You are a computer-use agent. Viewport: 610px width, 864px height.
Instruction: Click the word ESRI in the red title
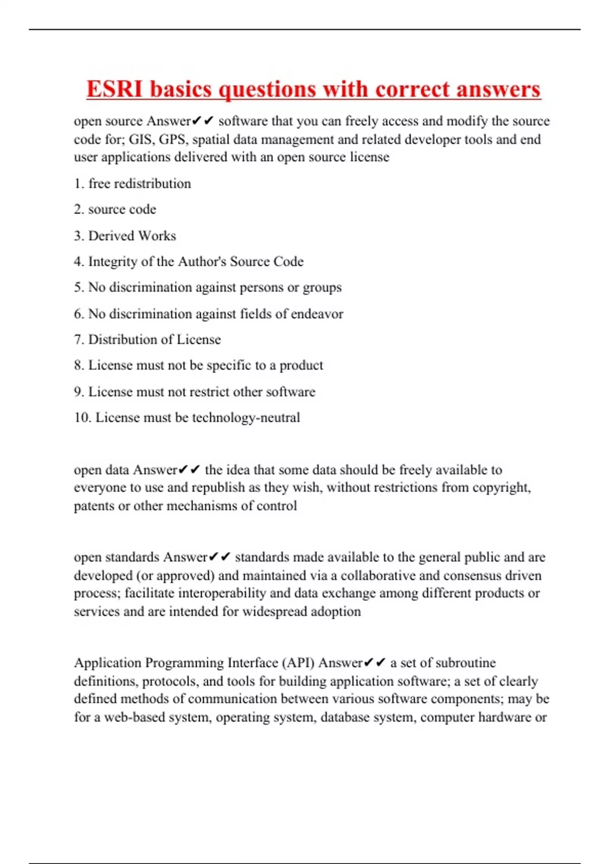tap(115, 89)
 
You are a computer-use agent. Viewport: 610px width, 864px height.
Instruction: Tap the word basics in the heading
tap(180, 89)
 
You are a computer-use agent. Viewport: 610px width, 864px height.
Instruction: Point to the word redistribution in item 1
tap(152, 183)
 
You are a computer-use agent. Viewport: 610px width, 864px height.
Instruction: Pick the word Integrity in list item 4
tap(112, 262)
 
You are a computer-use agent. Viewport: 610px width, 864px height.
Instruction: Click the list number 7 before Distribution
tap(78, 340)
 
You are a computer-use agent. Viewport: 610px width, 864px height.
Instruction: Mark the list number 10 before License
tap(82, 418)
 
